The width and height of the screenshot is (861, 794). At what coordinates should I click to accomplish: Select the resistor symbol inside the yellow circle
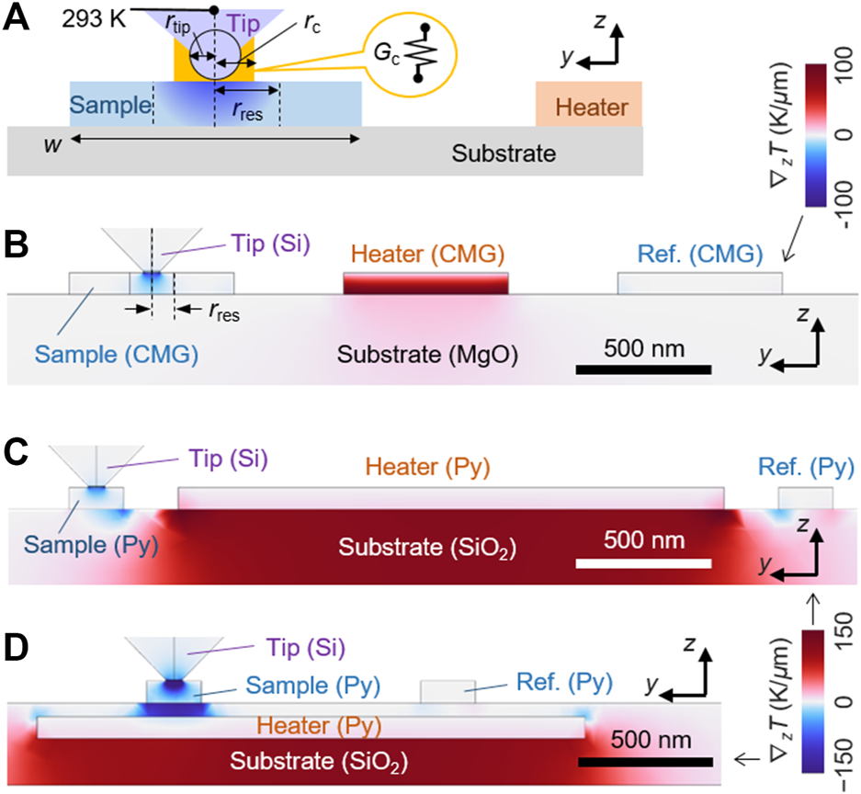(424, 56)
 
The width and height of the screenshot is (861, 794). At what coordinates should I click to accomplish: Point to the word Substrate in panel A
(504, 153)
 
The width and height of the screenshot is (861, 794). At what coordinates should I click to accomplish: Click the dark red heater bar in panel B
(425, 283)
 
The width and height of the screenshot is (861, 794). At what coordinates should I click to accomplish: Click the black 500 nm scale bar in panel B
(643, 369)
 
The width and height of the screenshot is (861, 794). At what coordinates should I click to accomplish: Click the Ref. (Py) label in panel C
(805, 468)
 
